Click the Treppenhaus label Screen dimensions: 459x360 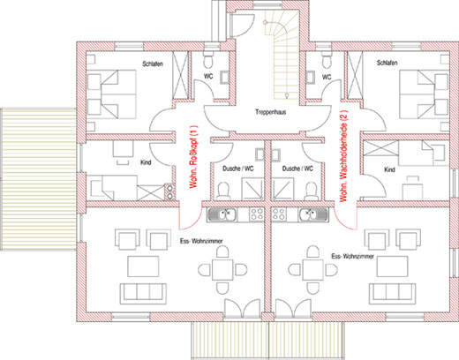(271, 112)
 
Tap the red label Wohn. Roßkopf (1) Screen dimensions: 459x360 (194, 157)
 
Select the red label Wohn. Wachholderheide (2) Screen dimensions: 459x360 (344, 156)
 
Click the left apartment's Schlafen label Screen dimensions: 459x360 (153, 64)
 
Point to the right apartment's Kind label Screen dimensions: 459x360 (389, 169)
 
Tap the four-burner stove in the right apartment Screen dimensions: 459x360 (278, 214)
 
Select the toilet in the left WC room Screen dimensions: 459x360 (208, 60)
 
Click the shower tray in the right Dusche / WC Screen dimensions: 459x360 (282, 189)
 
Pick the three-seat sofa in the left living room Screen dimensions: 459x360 (143, 294)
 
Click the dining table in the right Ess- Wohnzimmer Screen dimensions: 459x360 (313, 270)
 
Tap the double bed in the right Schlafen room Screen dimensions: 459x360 (424, 94)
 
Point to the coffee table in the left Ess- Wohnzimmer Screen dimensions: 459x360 (143, 266)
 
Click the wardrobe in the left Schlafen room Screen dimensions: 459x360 (180, 75)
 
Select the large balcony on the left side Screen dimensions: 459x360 (38, 179)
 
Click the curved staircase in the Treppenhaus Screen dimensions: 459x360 (282, 56)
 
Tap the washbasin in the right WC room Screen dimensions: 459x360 (311, 77)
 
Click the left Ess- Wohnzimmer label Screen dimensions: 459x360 (201, 241)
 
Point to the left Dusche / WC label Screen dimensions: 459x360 (238, 169)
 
